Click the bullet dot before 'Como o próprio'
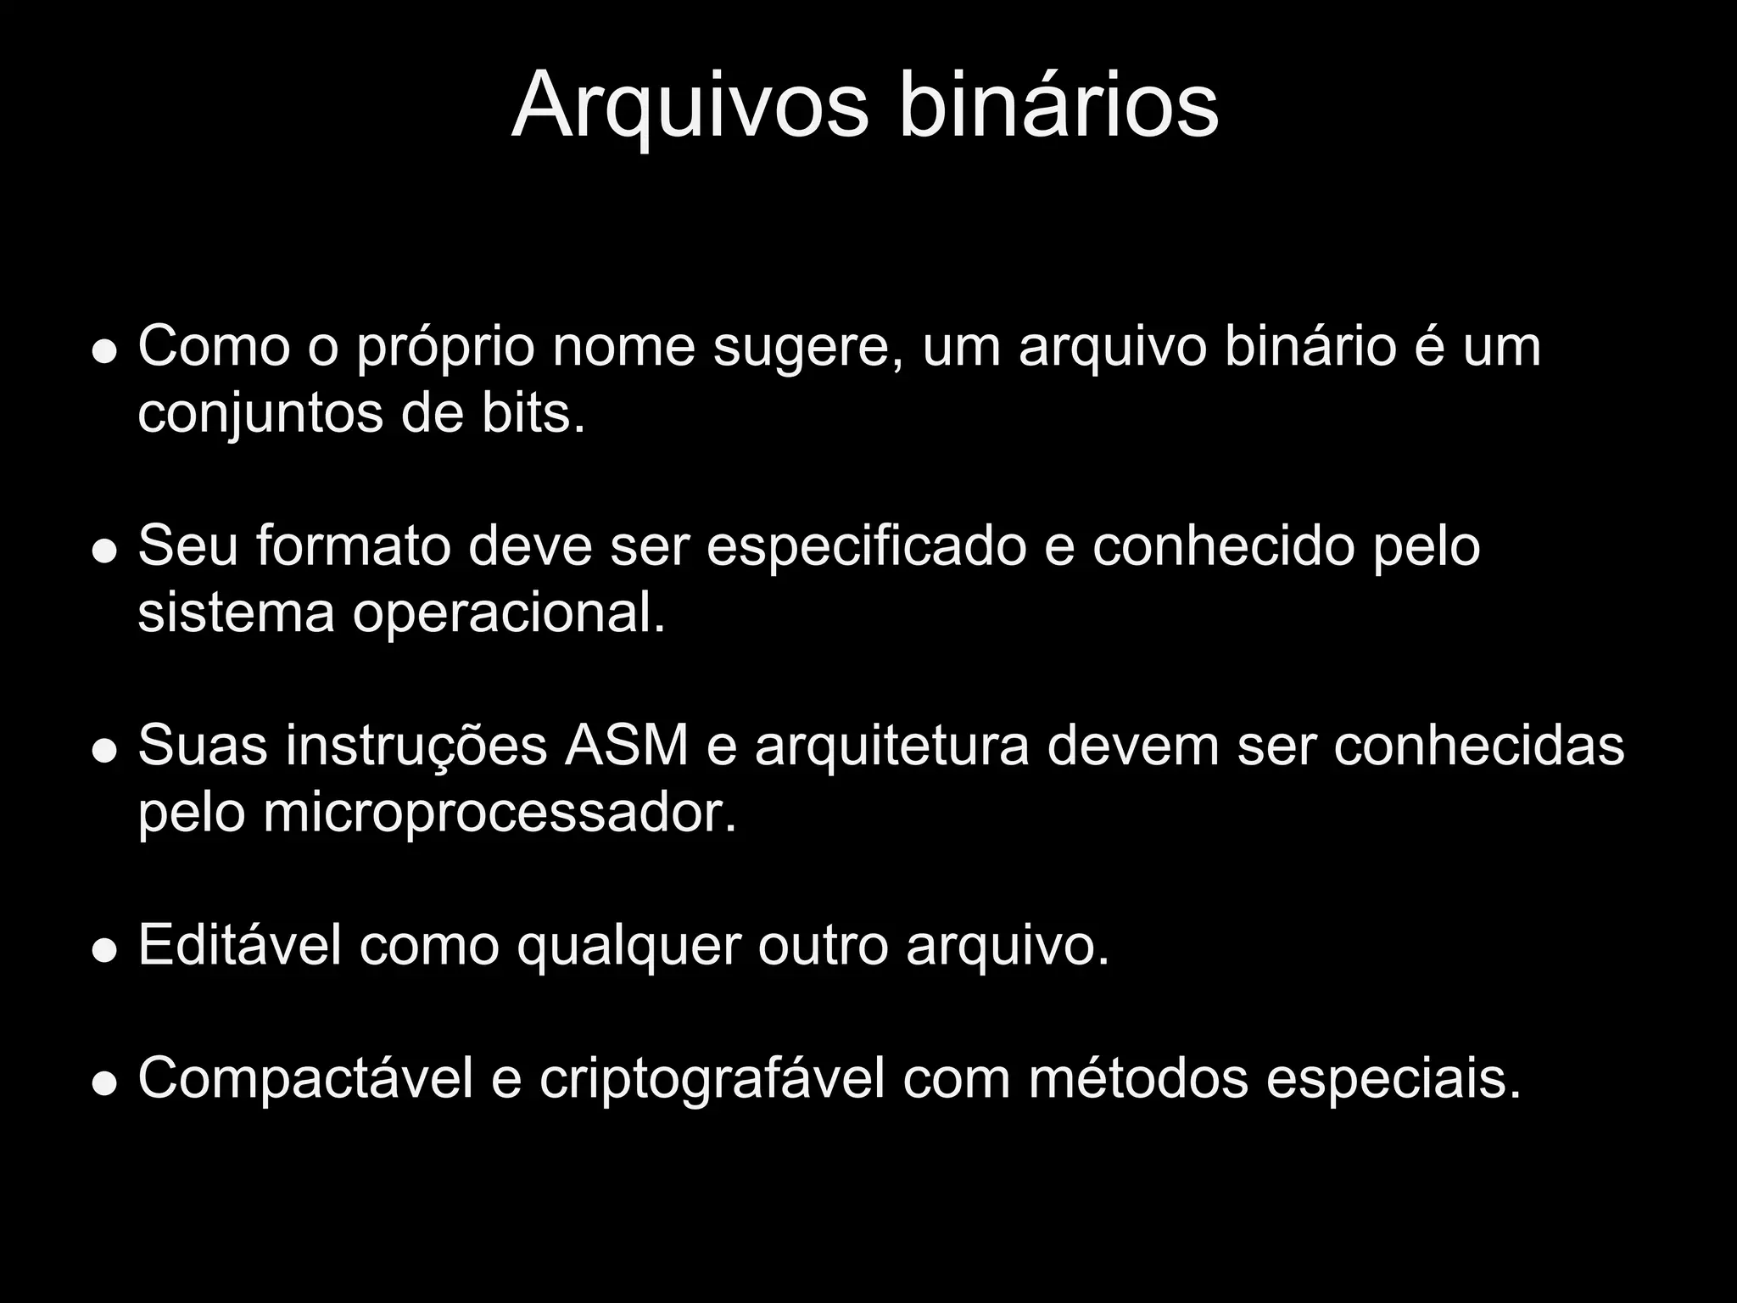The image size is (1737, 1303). coord(104,351)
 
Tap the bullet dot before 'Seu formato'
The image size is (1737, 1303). coord(104,551)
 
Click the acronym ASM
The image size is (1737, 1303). coord(627,747)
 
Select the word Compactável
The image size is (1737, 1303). coord(305,1081)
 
